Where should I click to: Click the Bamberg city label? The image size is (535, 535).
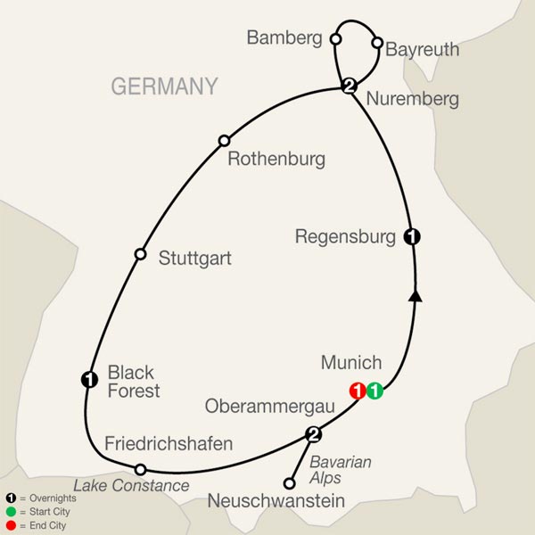[284, 39]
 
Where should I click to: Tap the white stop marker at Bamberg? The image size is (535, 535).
[335, 39]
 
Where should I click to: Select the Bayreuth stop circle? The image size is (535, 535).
[377, 42]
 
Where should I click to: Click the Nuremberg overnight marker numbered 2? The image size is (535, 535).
[350, 86]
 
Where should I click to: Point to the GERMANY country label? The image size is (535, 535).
[164, 86]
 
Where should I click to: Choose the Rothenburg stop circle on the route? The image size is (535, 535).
[225, 140]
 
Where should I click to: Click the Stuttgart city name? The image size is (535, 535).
[194, 259]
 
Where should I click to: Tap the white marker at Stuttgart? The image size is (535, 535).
[139, 254]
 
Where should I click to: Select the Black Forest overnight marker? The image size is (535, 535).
[88, 380]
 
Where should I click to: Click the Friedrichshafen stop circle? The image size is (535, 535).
[140, 469]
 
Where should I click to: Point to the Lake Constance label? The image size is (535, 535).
[131, 486]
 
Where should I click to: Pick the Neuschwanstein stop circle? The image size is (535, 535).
[288, 484]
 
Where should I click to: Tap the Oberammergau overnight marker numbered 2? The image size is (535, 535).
[313, 435]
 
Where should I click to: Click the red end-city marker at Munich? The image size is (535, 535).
[358, 390]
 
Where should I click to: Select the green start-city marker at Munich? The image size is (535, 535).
[374, 390]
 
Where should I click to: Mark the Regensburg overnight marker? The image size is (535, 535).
[412, 237]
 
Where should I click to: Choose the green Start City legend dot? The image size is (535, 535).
[11, 511]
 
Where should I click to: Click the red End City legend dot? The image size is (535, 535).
[11, 524]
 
